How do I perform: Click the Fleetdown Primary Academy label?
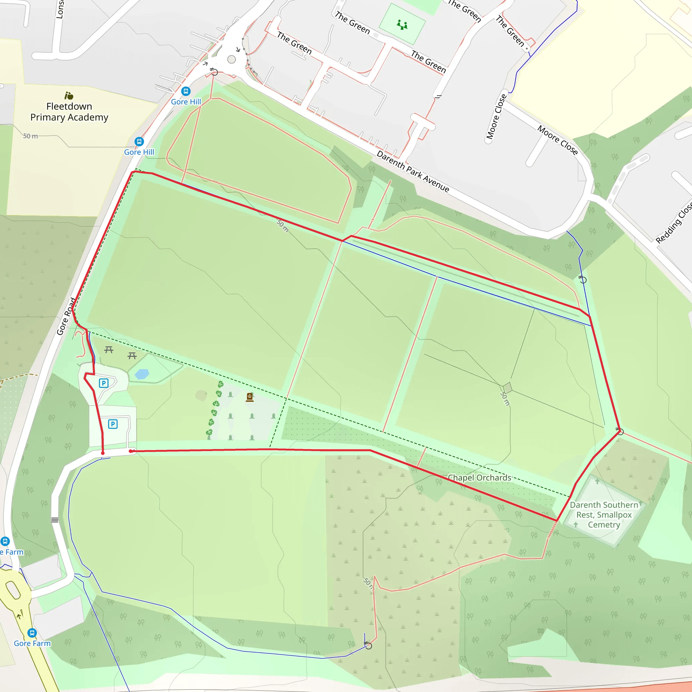[69, 112]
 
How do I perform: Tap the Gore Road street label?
[66, 316]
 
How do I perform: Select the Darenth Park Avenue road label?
[413, 172]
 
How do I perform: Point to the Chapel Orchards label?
[479, 478]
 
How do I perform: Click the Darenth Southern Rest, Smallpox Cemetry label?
[604, 515]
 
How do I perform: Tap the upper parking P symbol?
[103, 383]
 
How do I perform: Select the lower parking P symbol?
[113, 424]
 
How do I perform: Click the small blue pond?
[142, 374]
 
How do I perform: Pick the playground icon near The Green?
[402, 25]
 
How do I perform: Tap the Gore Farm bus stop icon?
[32, 633]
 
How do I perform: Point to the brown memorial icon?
[250, 397]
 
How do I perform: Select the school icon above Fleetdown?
[69, 96]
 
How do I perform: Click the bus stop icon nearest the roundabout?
[186, 91]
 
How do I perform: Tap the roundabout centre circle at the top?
[231, 59]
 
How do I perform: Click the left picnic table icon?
[109, 350]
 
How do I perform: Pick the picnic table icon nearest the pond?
[132, 356]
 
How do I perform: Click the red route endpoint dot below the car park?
[103, 453]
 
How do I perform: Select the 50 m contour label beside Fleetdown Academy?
[30, 136]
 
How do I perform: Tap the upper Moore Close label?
[496, 117]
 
